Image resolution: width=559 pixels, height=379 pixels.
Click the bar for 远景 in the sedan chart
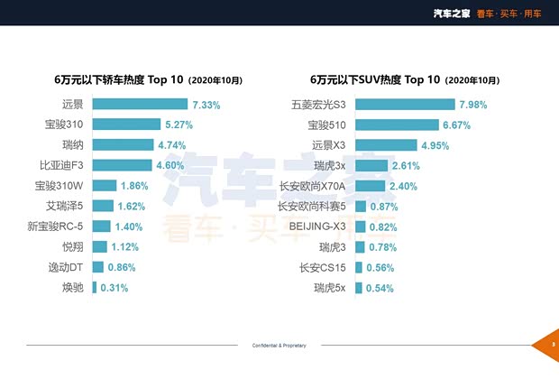tap(139, 105)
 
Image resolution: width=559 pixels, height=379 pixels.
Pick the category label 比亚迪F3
tap(61, 165)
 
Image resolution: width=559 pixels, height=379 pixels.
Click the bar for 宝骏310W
tap(104, 186)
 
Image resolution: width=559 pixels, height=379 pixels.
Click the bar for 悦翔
tap(99, 246)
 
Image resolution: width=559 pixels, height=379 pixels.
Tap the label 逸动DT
tap(66, 267)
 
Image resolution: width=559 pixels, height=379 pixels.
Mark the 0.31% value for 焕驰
tap(114, 288)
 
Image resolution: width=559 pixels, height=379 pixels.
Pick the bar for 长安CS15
tap(358, 267)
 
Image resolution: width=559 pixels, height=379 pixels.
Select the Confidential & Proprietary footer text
tap(279, 346)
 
